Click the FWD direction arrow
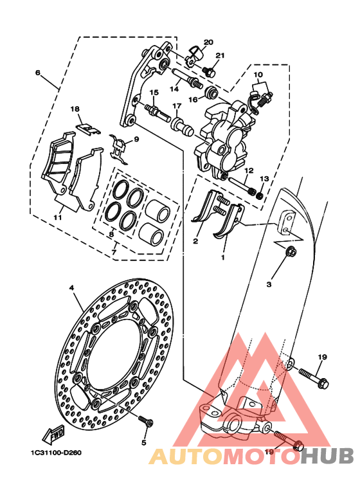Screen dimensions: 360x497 [x=53, y=434]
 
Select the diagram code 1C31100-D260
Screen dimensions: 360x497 [x=57, y=453]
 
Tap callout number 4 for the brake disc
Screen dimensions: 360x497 [x=71, y=288]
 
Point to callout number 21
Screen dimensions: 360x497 [x=220, y=55]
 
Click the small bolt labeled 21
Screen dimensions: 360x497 [x=209, y=72]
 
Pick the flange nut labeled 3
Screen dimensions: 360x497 [x=291, y=251]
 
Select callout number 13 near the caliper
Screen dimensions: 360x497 [x=264, y=179]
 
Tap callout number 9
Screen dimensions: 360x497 [x=136, y=139]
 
